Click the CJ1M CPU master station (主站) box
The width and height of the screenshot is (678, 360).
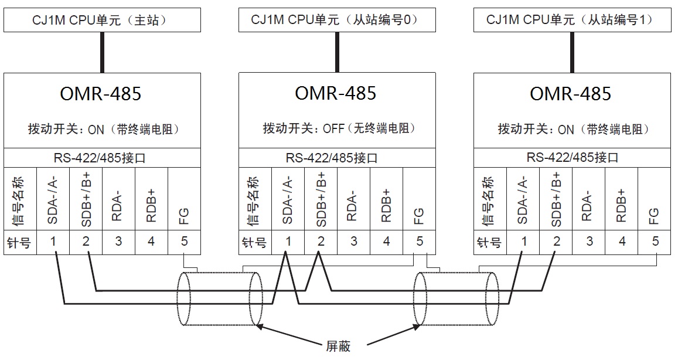(x=102, y=21)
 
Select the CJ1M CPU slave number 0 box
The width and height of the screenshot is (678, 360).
(x=336, y=21)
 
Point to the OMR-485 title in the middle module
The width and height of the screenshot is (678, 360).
(x=336, y=94)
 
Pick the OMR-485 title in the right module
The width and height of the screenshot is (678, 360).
(x=571, y=94)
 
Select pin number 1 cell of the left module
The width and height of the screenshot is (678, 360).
(x=53, y=241)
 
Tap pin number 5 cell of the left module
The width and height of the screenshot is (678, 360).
(x=184, y=241)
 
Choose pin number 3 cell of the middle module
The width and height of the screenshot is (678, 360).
(x=353, y=241)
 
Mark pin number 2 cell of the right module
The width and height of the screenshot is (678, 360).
(x=556, y=241)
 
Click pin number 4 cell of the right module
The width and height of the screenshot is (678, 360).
(x=622, y=241)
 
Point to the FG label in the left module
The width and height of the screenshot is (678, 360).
(x=184, y=216)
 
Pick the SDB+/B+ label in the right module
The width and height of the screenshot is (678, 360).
(x=556, y=199)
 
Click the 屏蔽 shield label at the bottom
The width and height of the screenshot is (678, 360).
(x=338, y=346)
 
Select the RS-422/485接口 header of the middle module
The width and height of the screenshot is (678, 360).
(x=336, y=158)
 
